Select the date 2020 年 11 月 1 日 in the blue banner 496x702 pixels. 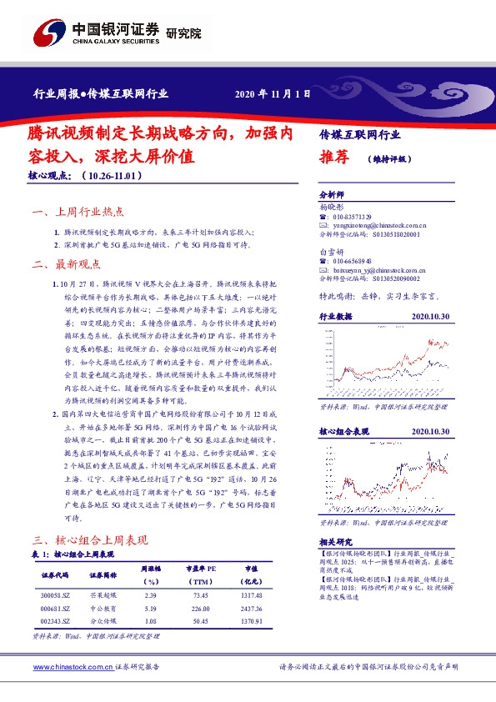coord(273,94)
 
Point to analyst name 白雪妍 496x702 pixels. coord(331,250)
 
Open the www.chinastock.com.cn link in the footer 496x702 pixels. coord(72,668)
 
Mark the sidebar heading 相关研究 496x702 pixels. coord(336,542)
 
